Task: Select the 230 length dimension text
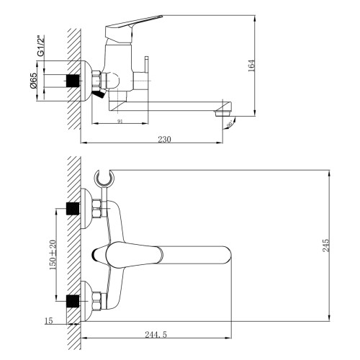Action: [166, 139]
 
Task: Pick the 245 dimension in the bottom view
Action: [326, 245]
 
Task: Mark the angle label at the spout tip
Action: [230, 124]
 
